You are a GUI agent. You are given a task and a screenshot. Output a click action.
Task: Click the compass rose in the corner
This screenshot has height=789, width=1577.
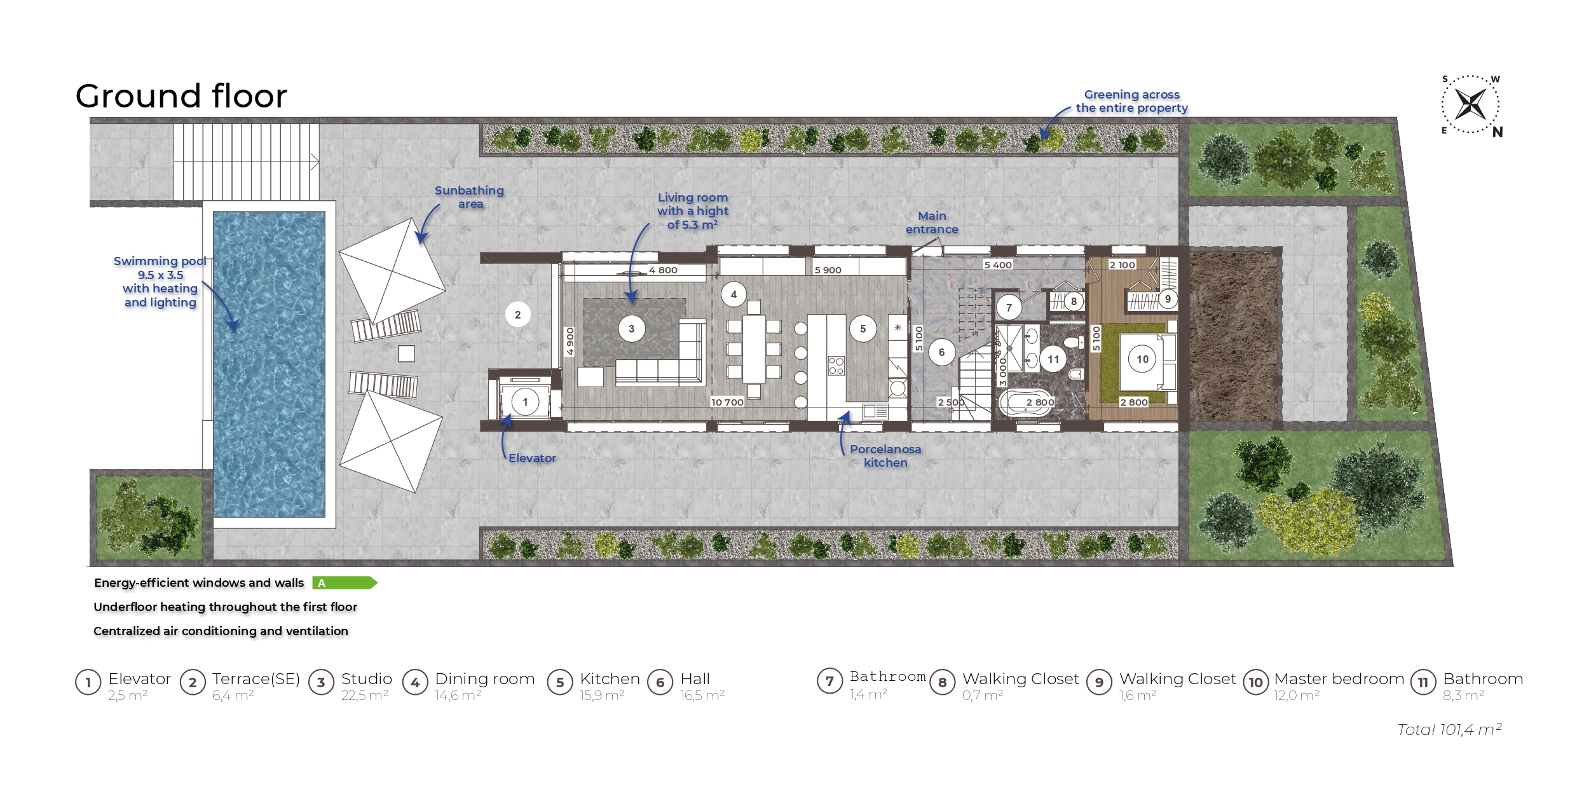click(1470, 104)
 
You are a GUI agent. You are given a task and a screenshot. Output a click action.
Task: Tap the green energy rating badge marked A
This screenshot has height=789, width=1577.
click(345, 582)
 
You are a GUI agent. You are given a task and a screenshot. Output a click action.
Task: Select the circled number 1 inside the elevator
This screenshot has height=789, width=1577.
click(525, 402)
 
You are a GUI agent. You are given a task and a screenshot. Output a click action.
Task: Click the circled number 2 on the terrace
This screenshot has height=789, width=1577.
click(517, 315)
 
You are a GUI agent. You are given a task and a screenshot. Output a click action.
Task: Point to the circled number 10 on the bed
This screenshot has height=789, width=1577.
click(1142, 359)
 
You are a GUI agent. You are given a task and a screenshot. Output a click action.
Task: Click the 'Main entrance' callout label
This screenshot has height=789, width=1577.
click(932, 223)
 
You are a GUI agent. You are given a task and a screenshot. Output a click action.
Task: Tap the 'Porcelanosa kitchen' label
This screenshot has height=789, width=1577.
click(885, 456)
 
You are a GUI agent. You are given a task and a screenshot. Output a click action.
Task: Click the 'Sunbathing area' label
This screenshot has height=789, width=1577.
click(469, 197)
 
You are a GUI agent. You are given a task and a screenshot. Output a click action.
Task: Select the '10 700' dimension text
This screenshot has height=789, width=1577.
click(727, 402)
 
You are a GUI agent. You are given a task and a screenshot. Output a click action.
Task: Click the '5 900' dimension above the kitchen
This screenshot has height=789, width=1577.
click(828, 270)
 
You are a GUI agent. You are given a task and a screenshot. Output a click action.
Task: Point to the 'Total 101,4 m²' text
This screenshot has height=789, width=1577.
click(1449, 729)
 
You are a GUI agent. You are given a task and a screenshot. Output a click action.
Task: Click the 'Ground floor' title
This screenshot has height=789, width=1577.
click(181, 96)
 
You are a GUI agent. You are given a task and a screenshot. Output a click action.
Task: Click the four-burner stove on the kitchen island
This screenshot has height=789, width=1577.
click(836, 366)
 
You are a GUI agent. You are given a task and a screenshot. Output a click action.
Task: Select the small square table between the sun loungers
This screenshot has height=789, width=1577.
click(406, 353)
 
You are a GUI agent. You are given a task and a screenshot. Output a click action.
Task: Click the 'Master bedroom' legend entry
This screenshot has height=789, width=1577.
click(1339, 679)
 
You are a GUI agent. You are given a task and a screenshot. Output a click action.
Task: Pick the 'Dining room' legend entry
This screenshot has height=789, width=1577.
click(485, 679)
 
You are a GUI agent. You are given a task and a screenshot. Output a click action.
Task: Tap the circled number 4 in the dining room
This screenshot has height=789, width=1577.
click(734, 294)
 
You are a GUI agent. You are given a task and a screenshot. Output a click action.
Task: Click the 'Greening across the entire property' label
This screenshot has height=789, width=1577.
click(1131, 101)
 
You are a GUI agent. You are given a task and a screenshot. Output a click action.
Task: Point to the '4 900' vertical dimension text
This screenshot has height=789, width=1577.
click(570, 341)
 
